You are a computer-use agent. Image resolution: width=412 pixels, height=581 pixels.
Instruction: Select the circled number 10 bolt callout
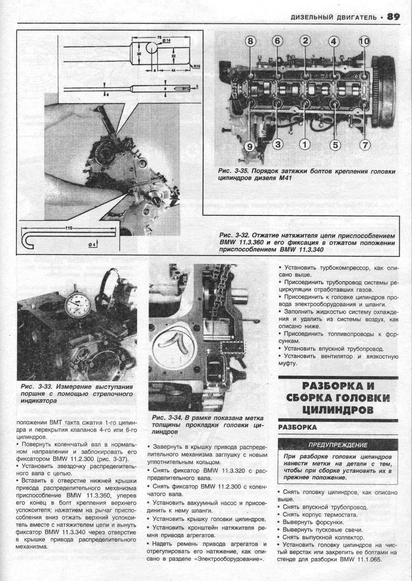(364, 41)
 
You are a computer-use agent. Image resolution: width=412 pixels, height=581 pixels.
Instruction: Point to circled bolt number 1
(304, 145)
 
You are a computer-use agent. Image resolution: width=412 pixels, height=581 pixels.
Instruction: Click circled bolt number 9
(250, 145)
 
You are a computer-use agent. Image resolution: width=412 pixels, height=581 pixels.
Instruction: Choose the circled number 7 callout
(365, 145)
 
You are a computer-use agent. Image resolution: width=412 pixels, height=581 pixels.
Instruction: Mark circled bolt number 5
(335, 145)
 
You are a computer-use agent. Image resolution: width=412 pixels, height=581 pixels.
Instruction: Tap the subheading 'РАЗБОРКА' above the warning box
(298, 427)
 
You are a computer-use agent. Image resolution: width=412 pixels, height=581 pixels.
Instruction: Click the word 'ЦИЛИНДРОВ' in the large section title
(338, 410)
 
